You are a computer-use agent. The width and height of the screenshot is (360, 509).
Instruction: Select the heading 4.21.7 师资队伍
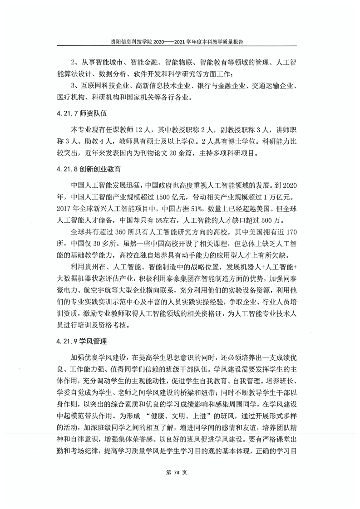point(82,113)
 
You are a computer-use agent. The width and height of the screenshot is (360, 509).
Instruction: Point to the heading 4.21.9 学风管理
point(82,340)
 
